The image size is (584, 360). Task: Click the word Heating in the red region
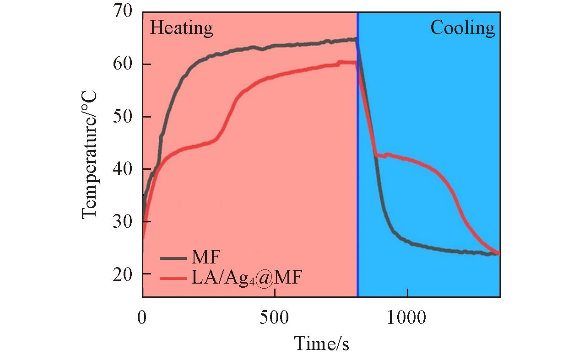pyautogui.click(x=182, y=28)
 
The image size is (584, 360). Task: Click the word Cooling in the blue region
pyautogui.click(x=462, y=28)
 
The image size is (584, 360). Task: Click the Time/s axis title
pyautogui.click(x=321, y=343)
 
